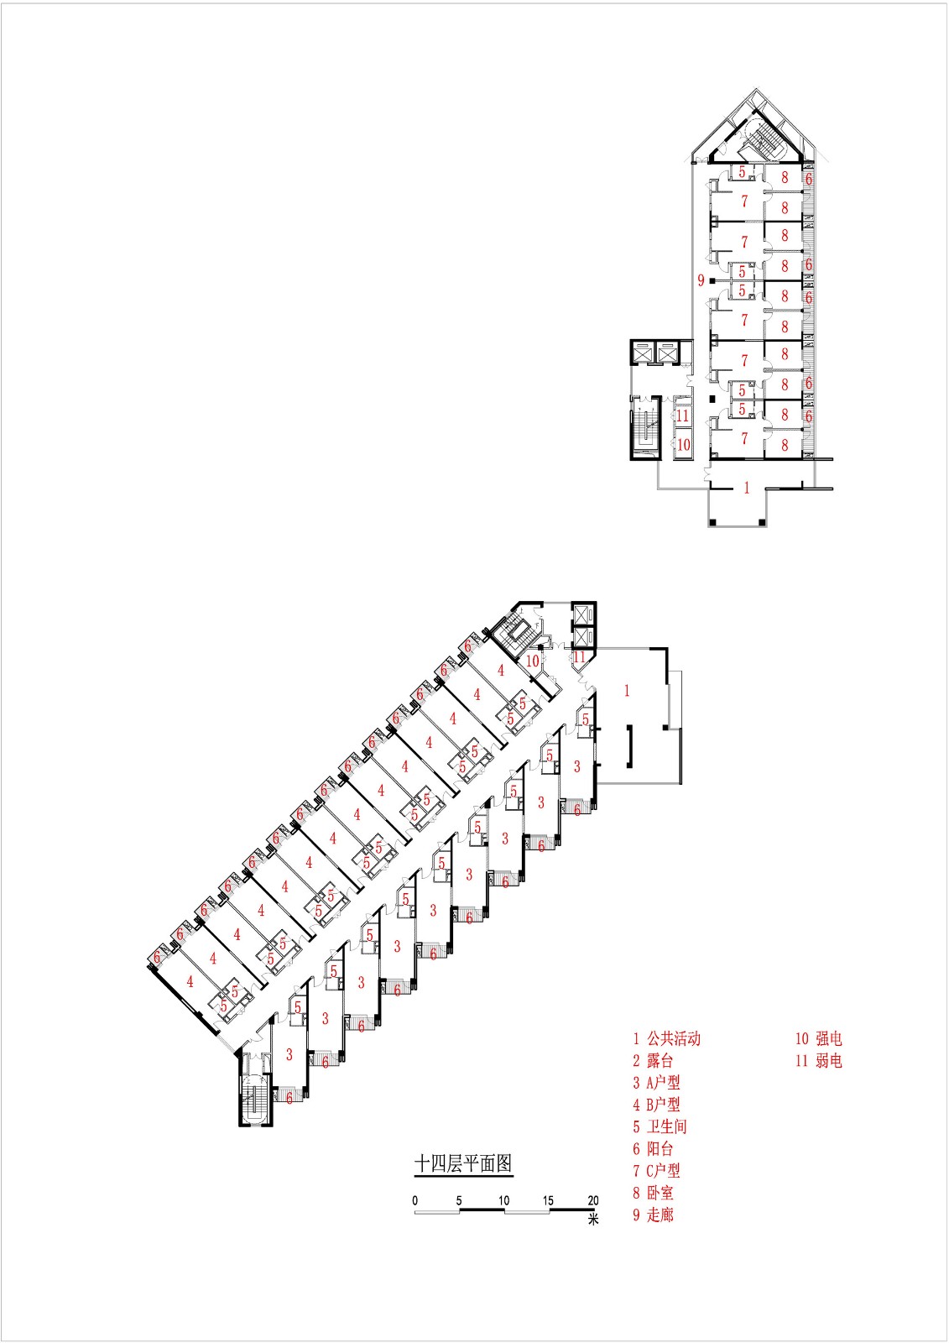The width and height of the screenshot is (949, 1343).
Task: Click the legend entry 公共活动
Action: pyautogui.click(x=667, y=1039)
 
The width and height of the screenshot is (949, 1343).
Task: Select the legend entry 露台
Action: pyautogui.click(x=654, y=1061)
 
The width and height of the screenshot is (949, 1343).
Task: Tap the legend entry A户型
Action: pyautogui.click(x=657, y=1083)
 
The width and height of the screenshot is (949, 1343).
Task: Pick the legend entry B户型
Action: pyautogui.click(x=657, y=1105)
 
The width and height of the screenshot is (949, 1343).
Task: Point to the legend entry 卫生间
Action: pyautogui.click(x=660, y=1126)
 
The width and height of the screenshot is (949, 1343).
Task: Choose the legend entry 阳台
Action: pyautogui.click(x=654, y=1148)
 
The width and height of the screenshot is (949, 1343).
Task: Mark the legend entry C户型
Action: pyautogui.click(x=657, y=1170)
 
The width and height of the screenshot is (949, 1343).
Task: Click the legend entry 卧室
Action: pyautogui.click(x=654, y=1192)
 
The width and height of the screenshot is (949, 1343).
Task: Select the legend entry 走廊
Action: pyautogui.click(x=654, y=1214)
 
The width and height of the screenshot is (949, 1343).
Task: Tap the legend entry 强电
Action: pyautogui.click(x=819, y=1039)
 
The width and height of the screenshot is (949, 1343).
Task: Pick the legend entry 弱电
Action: pyautogui.click(x=819, y=1061)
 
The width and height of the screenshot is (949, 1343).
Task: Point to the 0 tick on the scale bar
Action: pyautogui.click(x=415, y=1200)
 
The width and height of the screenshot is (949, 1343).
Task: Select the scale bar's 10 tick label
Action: pyautogui.click(x=503, y=1200)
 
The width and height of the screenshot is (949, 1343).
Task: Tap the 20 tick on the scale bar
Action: pyautogui.click(x=593, y=1200)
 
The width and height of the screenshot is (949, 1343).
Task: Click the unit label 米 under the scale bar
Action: pyautogui.click(x=593, y=1220)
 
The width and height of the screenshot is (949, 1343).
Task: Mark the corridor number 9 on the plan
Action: pyautogui.click(x=701, y=280)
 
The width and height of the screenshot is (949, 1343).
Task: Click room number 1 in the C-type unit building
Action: pyautogui.click(x=747, y=489)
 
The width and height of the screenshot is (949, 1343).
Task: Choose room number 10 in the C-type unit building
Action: pyautogui.click(x=683, y=444)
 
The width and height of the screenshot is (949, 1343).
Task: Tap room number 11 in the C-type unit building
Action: pyautogui.click(x=683, y=415)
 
